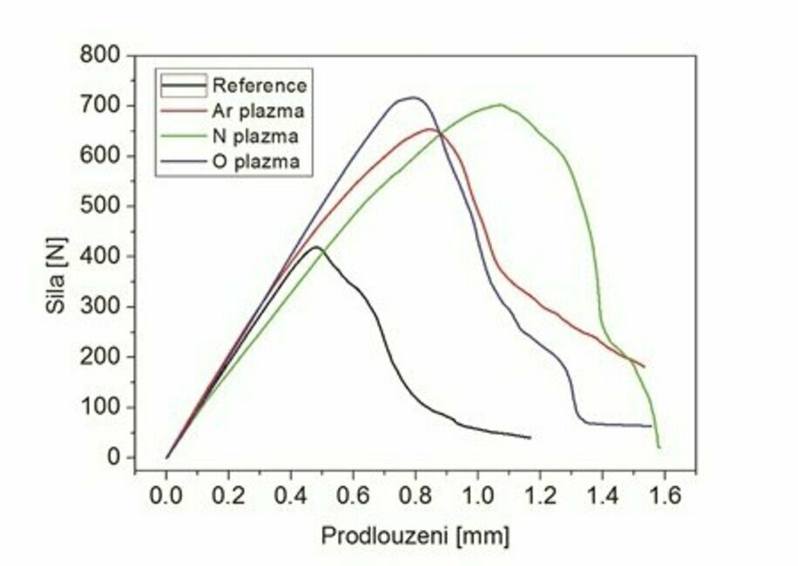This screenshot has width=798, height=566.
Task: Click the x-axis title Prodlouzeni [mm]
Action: click(x=415, y=534)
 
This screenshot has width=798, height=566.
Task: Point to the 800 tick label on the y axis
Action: click(x=104, y=56)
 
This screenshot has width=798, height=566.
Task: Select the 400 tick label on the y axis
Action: click(x=104, y=257)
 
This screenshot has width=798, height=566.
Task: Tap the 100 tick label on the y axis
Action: click(x=104, y=408)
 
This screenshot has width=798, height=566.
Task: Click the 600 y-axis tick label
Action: click(x=104, y=157)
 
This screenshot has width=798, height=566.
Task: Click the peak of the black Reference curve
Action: click(x=317, y=247)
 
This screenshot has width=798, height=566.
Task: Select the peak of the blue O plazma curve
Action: click(x=413, y=98)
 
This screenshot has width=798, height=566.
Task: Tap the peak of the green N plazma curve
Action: click(x=500, y=104)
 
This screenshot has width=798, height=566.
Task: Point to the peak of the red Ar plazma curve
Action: click(x=429, y=129)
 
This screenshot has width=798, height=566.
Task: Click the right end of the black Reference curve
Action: click(x=530, y=437)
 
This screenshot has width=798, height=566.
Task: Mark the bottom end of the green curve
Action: click(x=659, y=447)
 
